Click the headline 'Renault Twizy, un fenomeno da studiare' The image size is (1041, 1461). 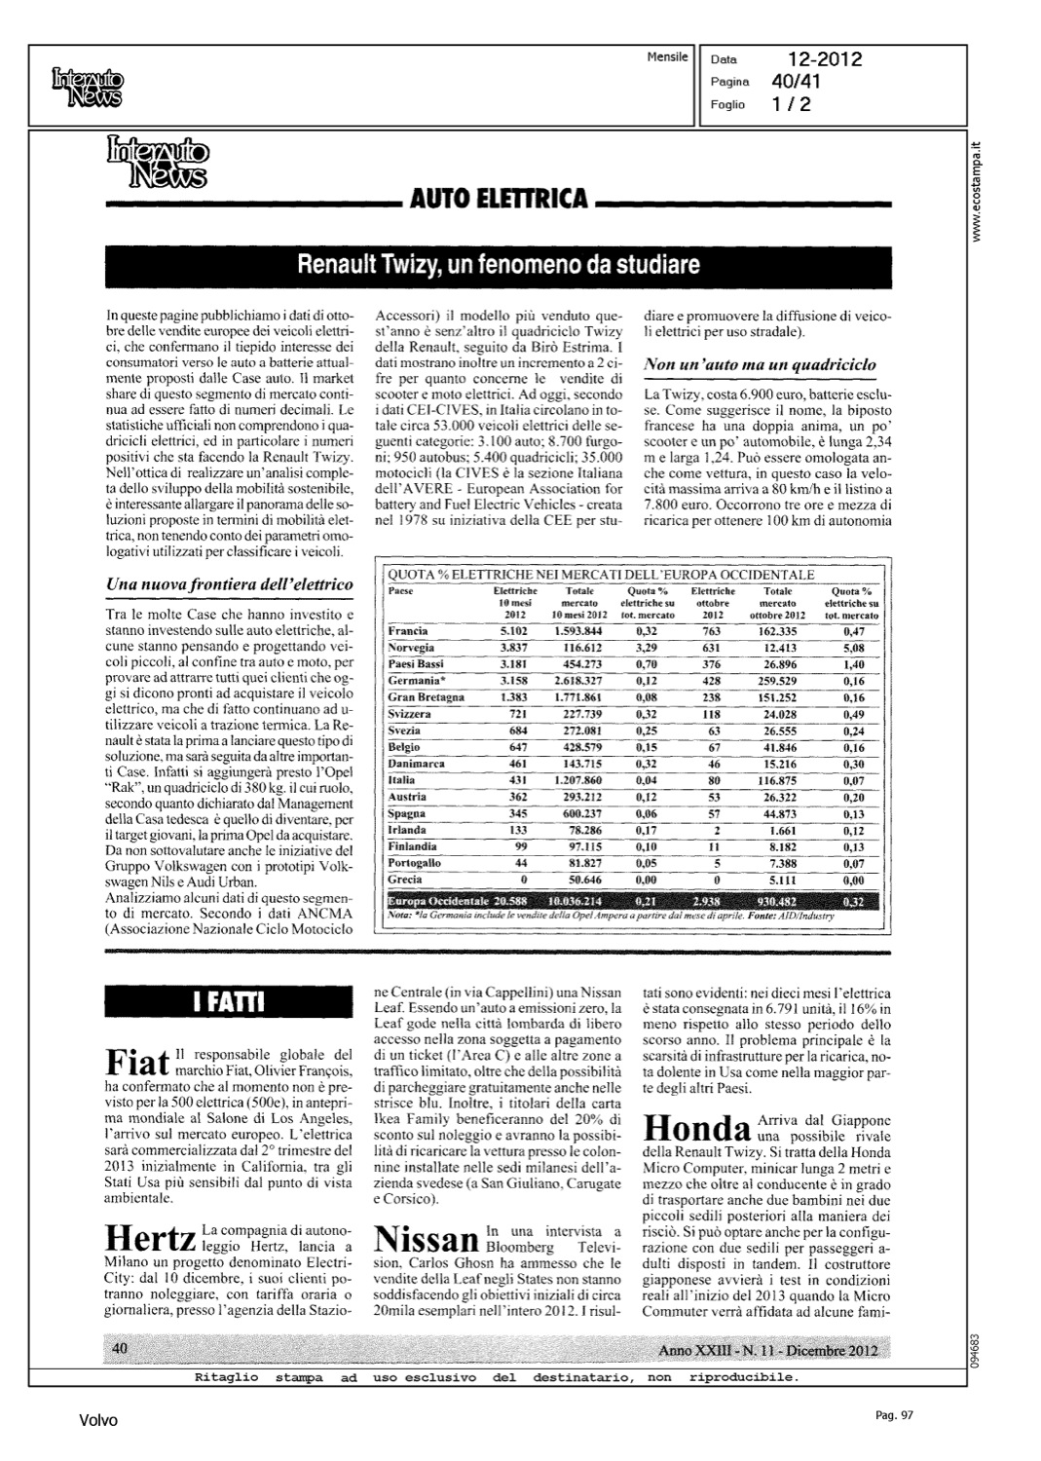click(499, 264)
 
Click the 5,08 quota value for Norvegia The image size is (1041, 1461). click(853, 648)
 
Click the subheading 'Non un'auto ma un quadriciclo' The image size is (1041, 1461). click(760, 364)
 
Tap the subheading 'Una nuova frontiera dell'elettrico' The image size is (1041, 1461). click(229, 583)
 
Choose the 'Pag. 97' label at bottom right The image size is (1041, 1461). click(893, 1415)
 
